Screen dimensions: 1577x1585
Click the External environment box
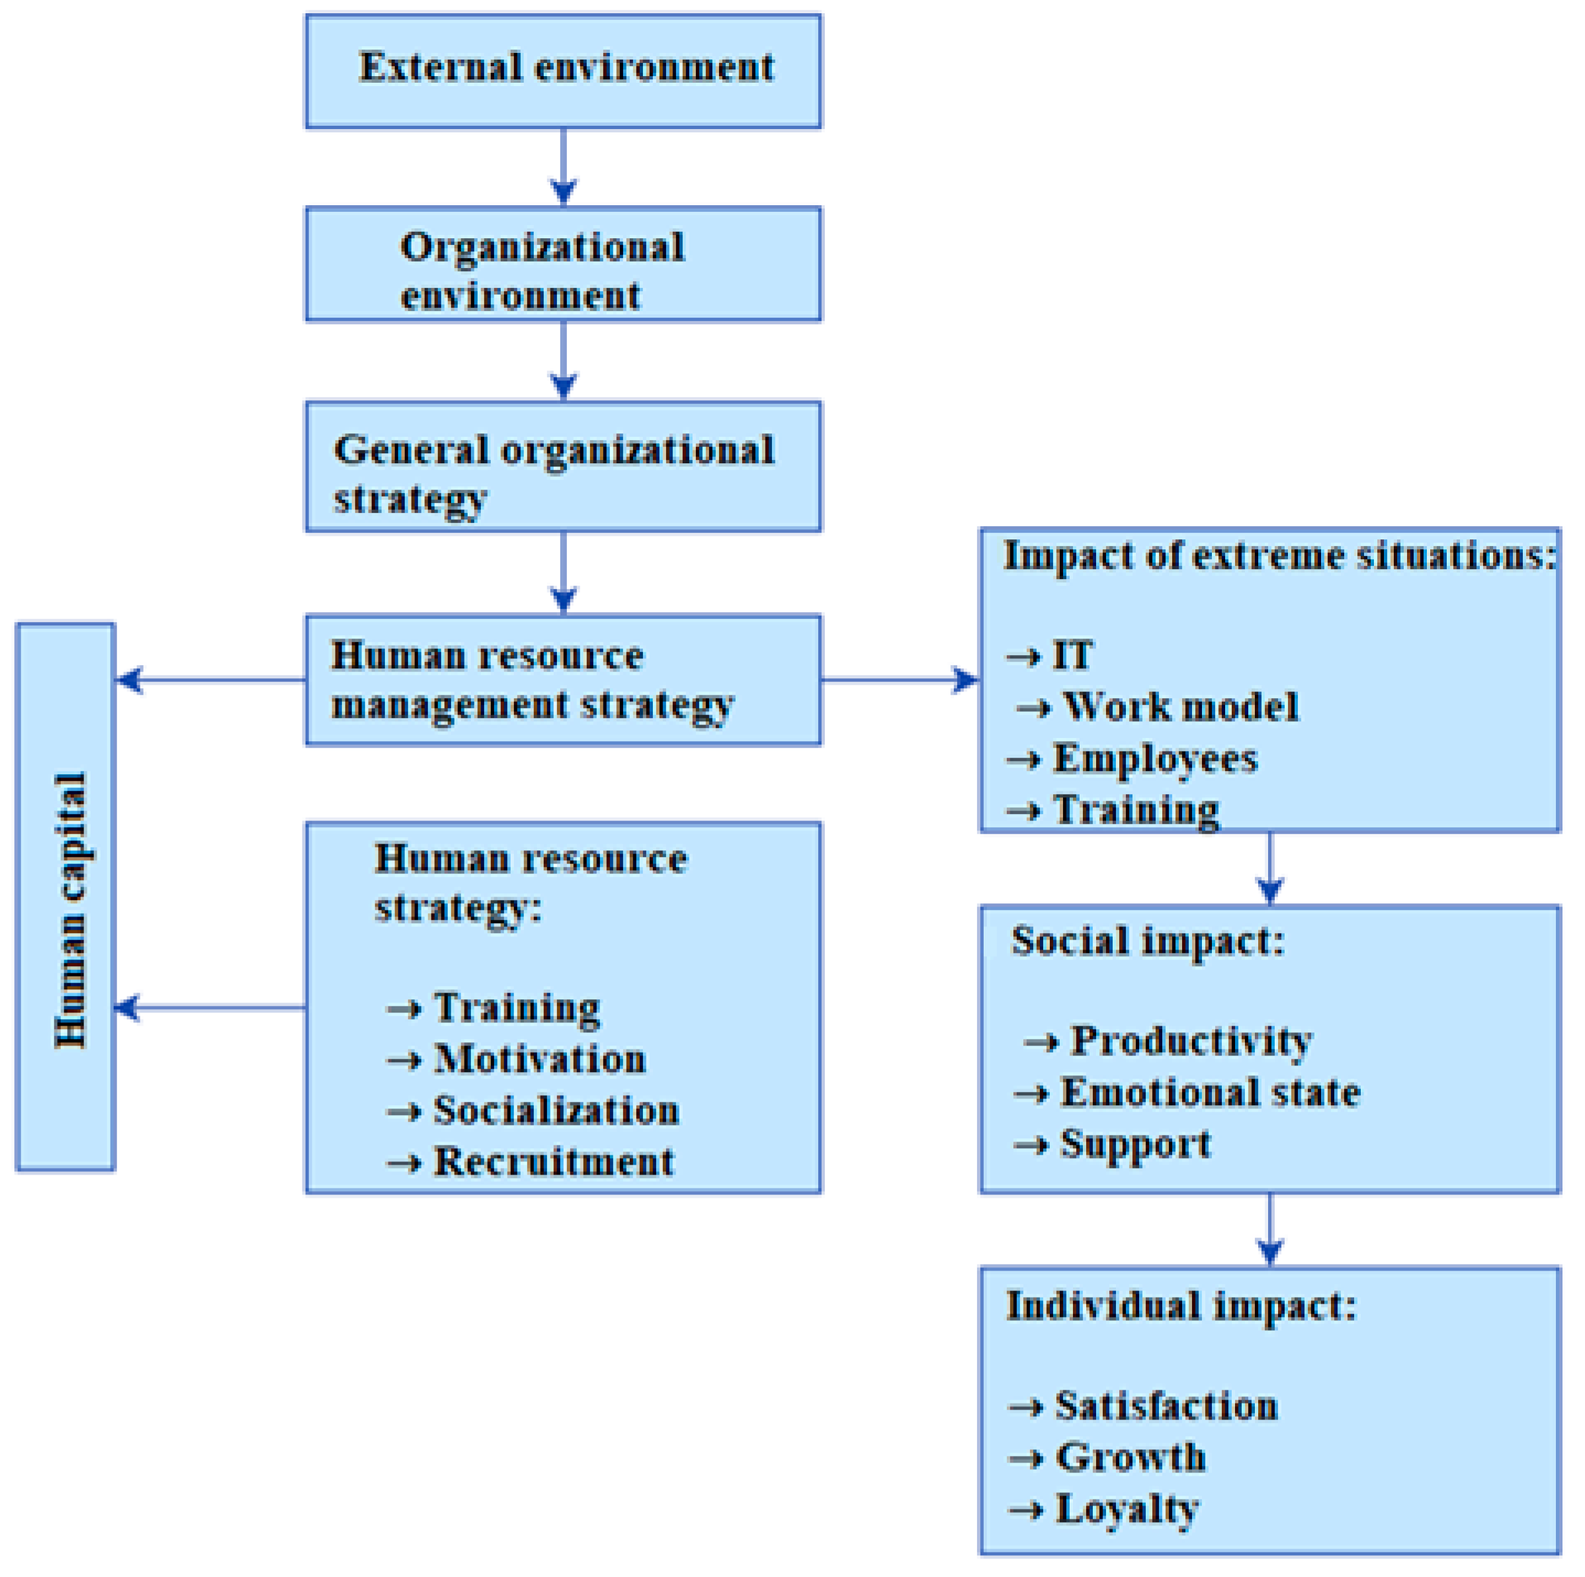564,71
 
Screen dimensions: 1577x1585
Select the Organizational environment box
564,264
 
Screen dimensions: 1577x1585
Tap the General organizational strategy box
564,467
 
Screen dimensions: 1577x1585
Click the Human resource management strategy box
564,680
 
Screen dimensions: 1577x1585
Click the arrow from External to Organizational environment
564,167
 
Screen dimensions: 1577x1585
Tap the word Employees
1155,758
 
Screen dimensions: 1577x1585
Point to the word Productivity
1191,1040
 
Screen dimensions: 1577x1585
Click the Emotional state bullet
1210,1092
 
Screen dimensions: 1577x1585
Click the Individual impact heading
1181,1306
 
